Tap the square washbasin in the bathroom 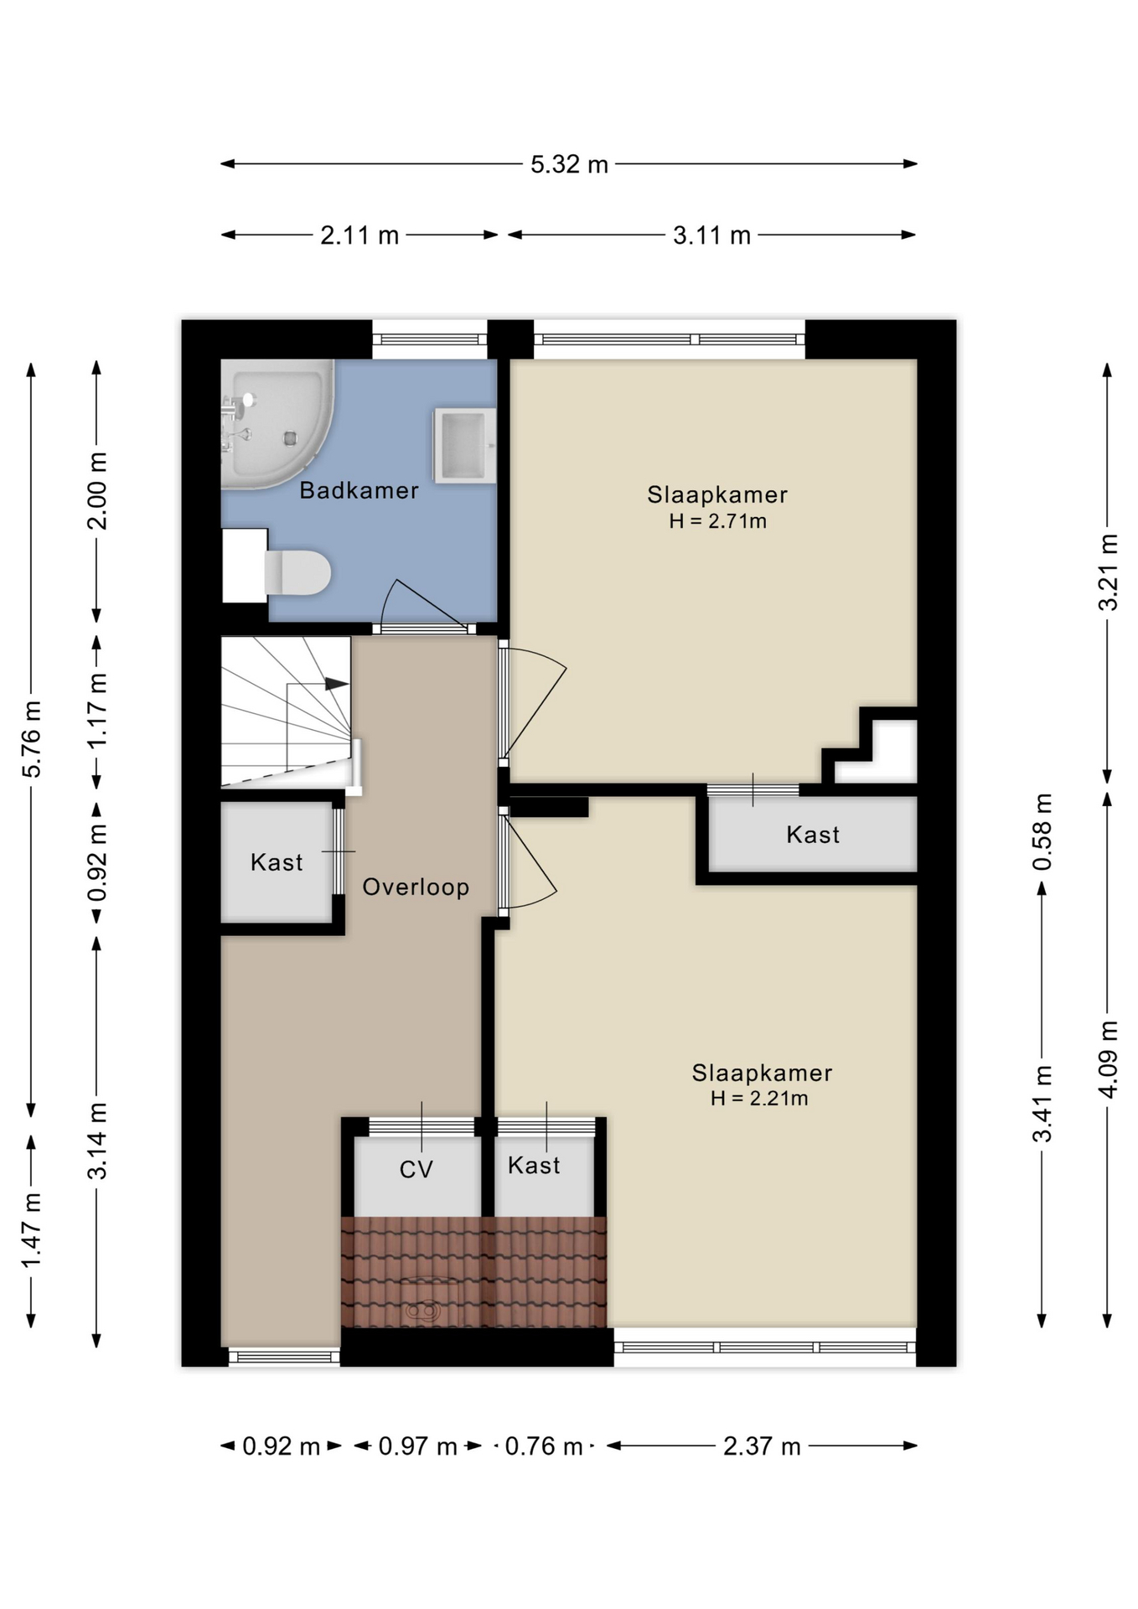point(463,445)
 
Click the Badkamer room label point(359,491)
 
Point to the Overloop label point(416,887)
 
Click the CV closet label point(416,1170)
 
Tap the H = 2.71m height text point(717,521)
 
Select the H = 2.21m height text point(759,1099)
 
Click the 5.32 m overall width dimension point(569,164)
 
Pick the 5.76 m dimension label point(31,739)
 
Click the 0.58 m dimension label point(1042,832)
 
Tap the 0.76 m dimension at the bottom point(544,1446)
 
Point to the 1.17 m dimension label point(97,711)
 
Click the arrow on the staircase point(336,684)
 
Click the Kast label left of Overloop point(277,862)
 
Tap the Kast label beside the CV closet point(534,1166)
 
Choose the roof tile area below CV point(473,1271)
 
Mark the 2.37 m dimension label point(762,1446)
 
